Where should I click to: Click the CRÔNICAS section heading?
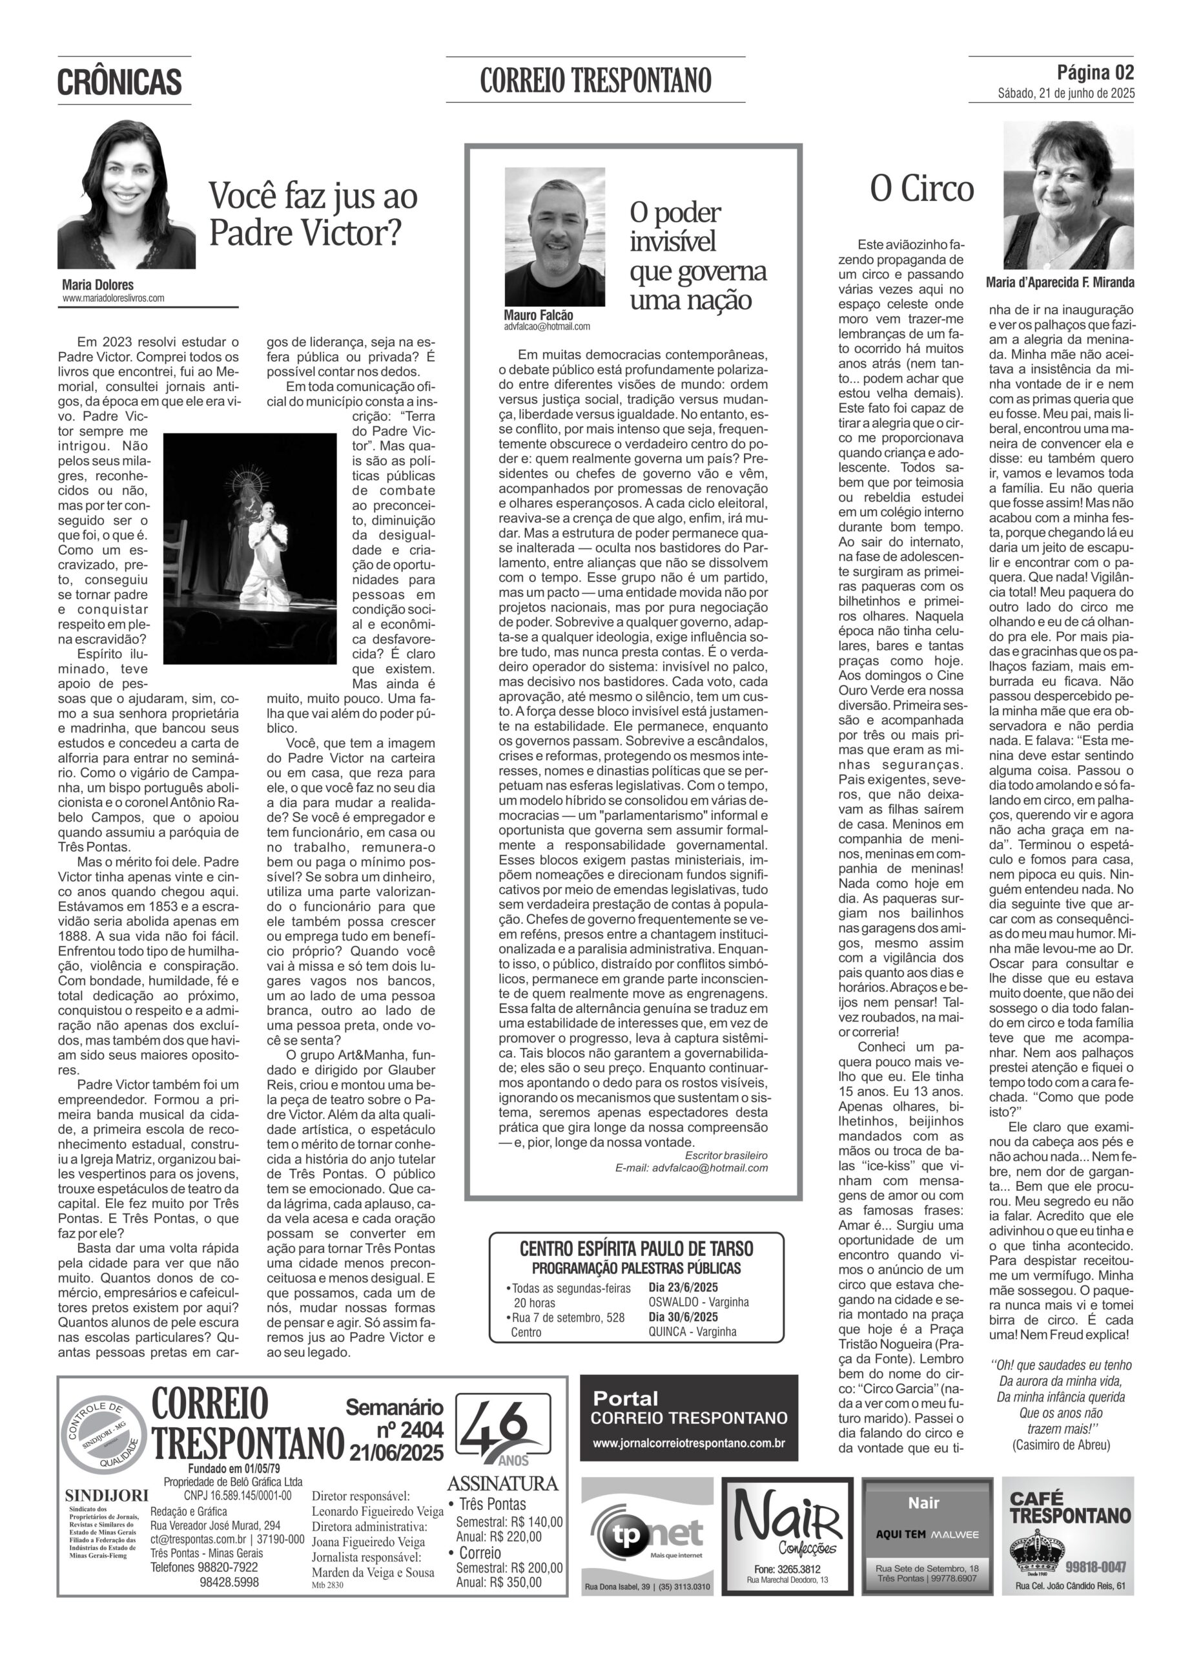pos(119,81)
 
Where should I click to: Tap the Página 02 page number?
pos(1095,72)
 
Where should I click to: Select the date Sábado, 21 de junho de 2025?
pos(1065,93)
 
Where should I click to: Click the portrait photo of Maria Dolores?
pos(125,196)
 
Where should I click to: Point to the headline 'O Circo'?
pos(921,189)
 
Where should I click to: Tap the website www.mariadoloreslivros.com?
pos(113,298)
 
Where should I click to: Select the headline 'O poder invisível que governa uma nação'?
pos(698,256)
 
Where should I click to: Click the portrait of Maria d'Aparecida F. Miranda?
pos(1068,196)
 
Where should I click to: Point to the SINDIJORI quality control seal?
pos(103,1435)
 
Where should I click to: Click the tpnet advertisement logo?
pos(646,1534)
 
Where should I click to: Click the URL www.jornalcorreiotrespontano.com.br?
pos(688,1443)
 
